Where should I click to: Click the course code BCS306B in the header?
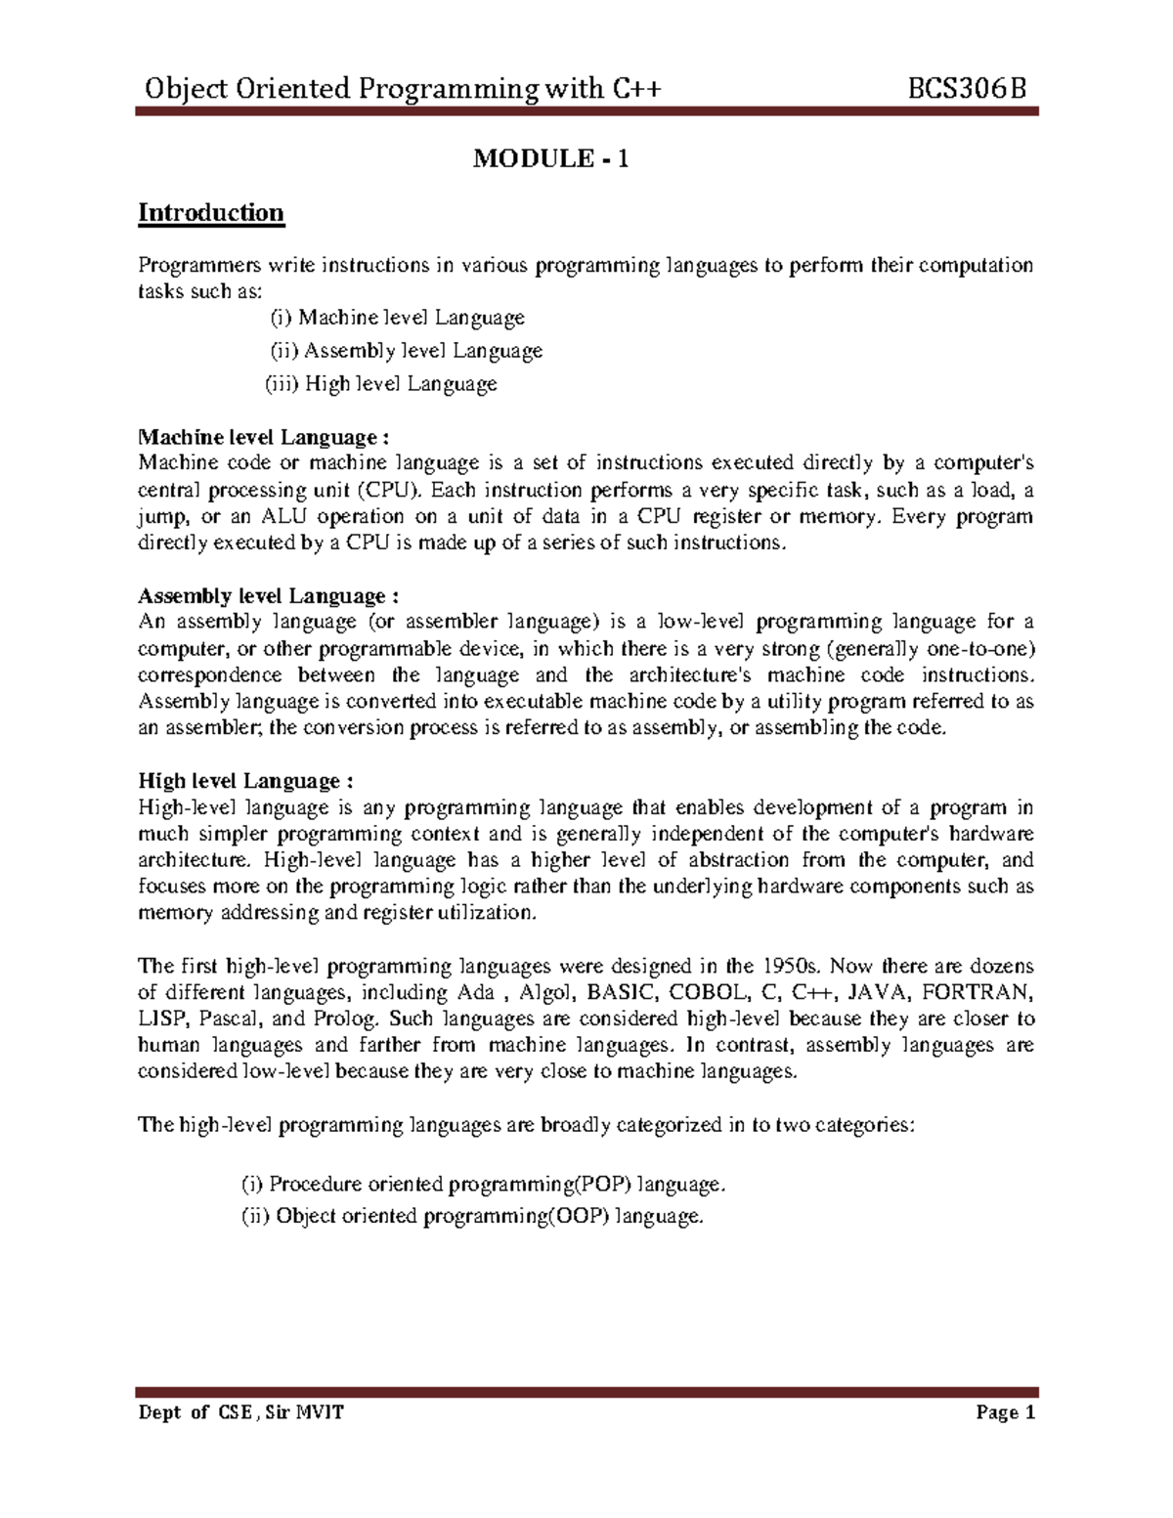(968, 90)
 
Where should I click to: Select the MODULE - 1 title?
(550, 158)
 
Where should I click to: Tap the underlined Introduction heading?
(211, 213)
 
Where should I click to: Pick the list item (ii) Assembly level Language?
(406, 351)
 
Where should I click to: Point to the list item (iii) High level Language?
(382, 384)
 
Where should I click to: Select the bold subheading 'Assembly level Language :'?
(269, 596)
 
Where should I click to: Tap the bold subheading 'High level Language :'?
(244, 781)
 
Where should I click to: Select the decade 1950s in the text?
(792, 967)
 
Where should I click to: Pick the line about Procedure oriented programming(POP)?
(484, 1185)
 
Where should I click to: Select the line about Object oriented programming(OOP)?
(472, 1217)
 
